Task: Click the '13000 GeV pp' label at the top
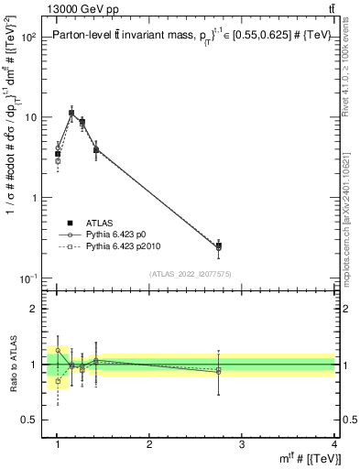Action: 57,8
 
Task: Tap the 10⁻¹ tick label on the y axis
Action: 27,278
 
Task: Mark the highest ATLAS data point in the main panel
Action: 71,114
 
